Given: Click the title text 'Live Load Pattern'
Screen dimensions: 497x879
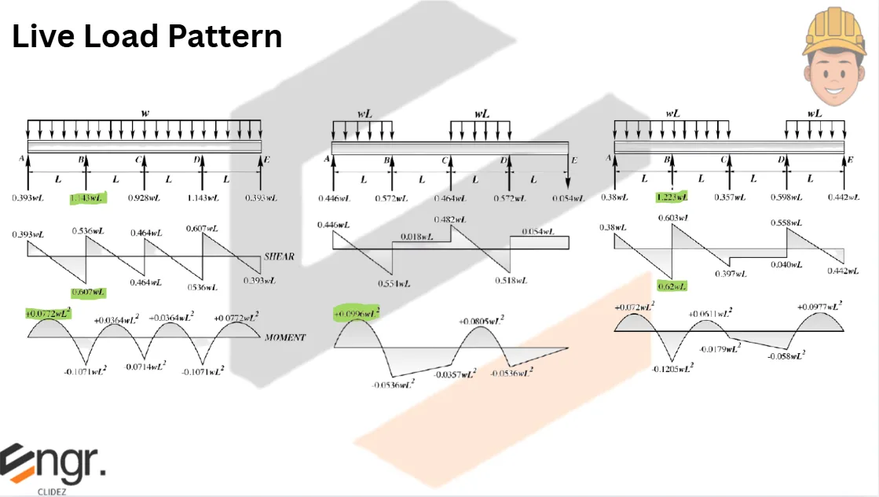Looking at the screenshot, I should click(x=147, y=37).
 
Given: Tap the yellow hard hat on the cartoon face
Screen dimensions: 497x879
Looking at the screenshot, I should click(x=833, y=35).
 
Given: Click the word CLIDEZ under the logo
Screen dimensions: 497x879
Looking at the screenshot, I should click(x=52, y=491).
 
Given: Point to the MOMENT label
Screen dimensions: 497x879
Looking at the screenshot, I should click(x=284, y=337).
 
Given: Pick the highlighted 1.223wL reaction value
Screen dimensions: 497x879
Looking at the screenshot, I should click(x=672, y=197).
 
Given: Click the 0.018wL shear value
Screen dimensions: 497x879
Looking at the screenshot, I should click(x=418, y=236).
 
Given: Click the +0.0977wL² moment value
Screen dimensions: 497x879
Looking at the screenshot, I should click(x=821, y=307).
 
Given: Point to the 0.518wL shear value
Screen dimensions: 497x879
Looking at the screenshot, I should click(x=511, y=280).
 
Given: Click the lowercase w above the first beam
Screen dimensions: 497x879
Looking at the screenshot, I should click(x=145, y=113).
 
